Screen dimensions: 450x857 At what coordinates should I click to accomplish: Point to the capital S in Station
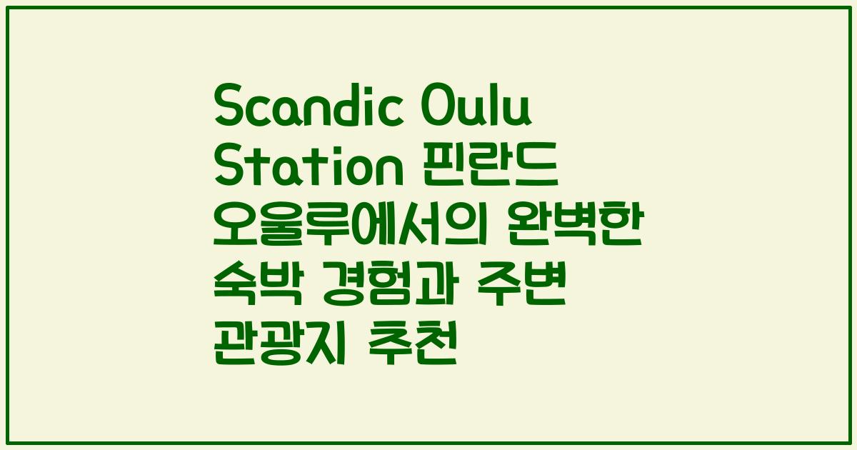click(229, 169)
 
